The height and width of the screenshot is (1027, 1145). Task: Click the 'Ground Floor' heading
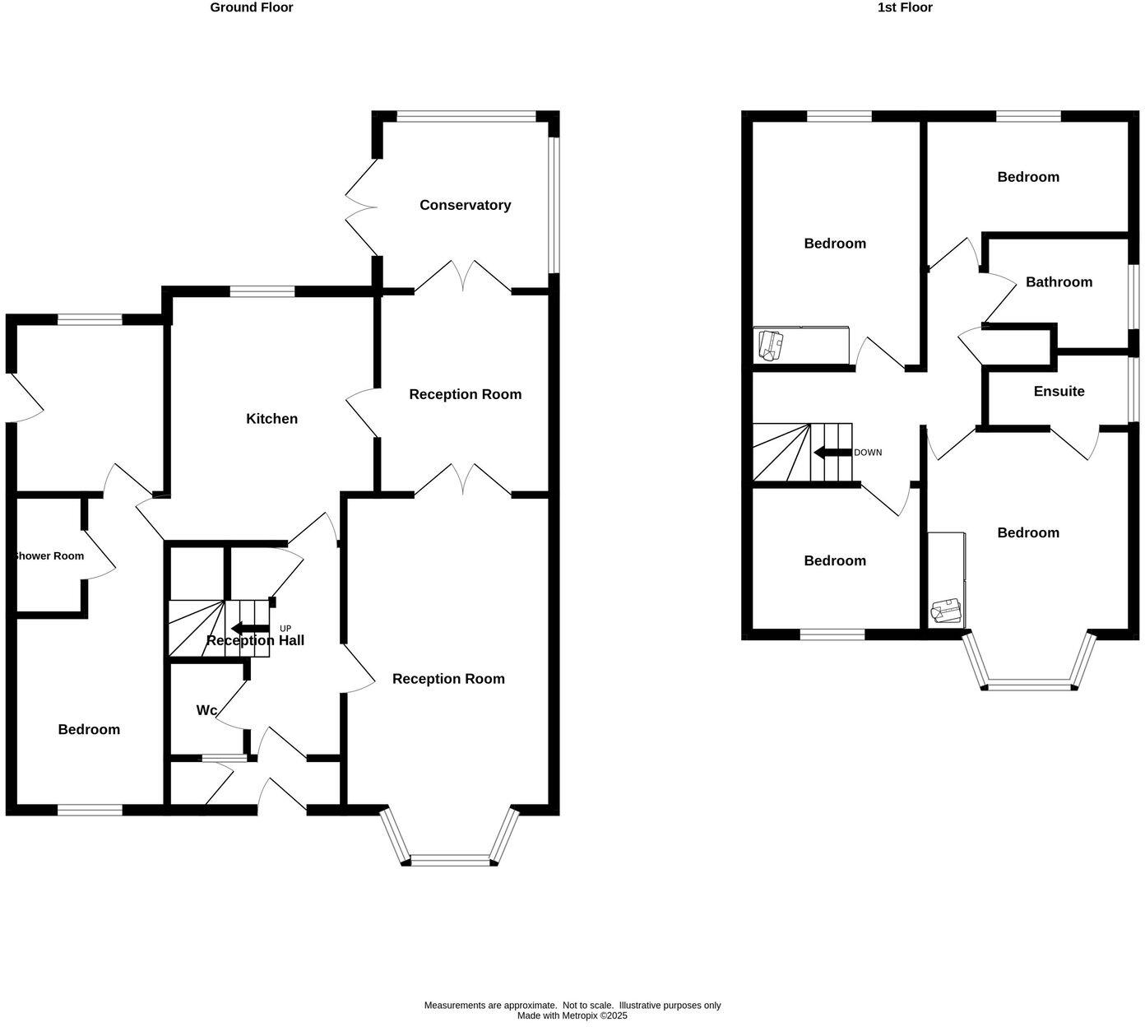251,7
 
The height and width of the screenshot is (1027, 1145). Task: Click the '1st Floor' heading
905,7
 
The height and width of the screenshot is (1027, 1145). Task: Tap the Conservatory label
465,205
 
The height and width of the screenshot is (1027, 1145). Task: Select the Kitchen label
271,419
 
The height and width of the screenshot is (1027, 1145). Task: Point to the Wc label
206,710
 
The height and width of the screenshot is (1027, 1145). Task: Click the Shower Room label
49,556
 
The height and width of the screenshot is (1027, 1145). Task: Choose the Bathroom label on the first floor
1059,282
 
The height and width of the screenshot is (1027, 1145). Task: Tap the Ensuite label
1059,392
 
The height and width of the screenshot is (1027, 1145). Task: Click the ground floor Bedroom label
89,730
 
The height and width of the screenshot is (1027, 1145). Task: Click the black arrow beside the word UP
250,629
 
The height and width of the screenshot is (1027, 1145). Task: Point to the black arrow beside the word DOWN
832,453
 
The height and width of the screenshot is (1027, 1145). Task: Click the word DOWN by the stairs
868,453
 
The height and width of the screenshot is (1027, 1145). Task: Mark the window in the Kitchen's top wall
262,290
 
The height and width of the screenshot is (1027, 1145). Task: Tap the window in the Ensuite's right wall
1133,388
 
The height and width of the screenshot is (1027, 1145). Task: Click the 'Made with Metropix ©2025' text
572,1015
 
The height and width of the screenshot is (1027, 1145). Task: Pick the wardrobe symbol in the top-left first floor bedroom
801,345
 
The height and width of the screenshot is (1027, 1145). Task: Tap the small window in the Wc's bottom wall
224,758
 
